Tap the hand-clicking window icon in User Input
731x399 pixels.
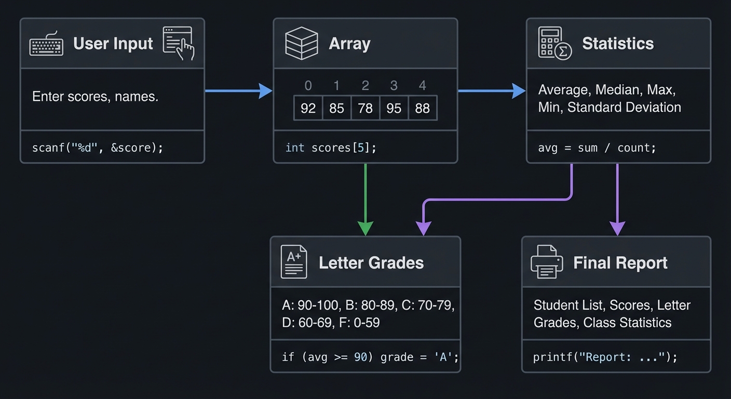click(x=179, y=43)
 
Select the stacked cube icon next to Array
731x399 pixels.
click(x=301, y=43)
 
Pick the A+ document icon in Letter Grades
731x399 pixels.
click(x=294, y=262)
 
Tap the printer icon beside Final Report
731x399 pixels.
click(x=547, y=262)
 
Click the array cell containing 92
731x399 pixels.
click(x=308, y=109)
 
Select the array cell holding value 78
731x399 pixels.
click(x=365, y=109)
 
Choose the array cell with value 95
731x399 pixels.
click(x=394, y=109)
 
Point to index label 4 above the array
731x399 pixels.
click(x=422, y=86)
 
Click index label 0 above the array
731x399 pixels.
click(x=308, y=86)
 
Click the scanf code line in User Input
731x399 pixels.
click(x=98, y=148)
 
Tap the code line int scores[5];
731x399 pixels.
click(x=331, y=148)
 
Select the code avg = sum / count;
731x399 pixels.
click(x=597, y=148)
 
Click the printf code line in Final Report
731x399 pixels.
click(x=605, y=357)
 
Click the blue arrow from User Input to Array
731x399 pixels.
click(x=239, y=91)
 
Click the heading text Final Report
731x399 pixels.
click(x=620, y=263)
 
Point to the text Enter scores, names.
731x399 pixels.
click(x=95, y=97)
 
